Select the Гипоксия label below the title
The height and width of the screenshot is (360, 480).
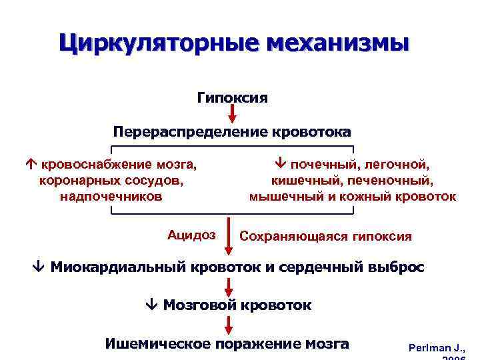[x=232, y=98]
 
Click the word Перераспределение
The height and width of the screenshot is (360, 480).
[x=190, y=131]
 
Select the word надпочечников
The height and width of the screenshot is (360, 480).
[x=110, y=197]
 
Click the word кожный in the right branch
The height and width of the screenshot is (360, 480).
[x=388, y=197]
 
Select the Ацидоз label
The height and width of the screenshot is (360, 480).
[x=191, y=234]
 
